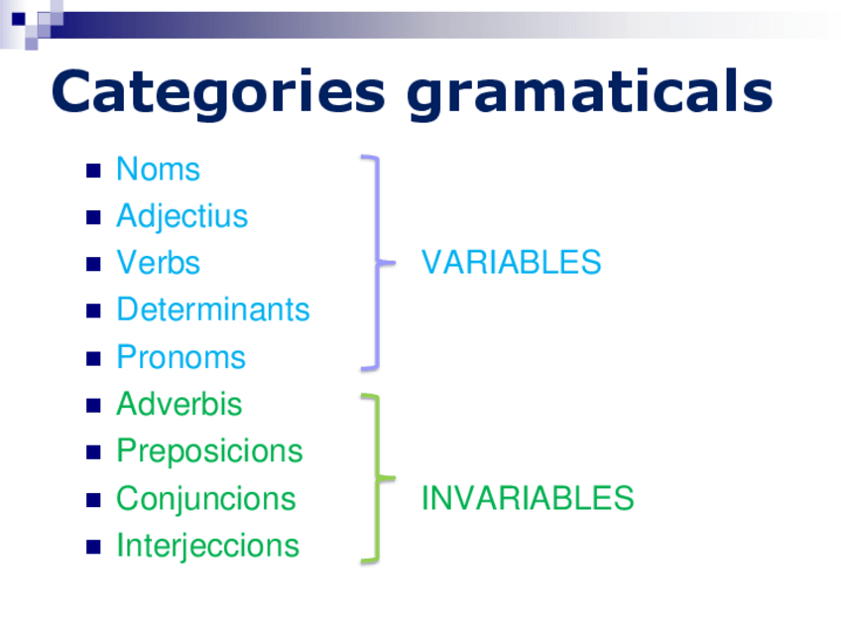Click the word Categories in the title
pos(218,92)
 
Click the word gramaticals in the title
pos(589,92)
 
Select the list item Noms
pos(159,169)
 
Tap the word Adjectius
pos(181,217)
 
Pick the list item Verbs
pos(159,263)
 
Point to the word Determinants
pos(213,310)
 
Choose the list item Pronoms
pos(180,357)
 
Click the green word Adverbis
pos(180,404)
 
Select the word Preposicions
pos(209,451)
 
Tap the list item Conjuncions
pos(206,499)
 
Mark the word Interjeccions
pos(207,547)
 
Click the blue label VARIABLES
pos(511,262)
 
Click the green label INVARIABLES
pos(528,498)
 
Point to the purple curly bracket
pos(378,263)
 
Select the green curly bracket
pos(378,478)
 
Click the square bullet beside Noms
pos(93,171)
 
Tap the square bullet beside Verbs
pos(93,265)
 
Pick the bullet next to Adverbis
pos(93,406)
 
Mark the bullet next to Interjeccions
pos(93,547)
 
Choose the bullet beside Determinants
pos(93,312)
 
